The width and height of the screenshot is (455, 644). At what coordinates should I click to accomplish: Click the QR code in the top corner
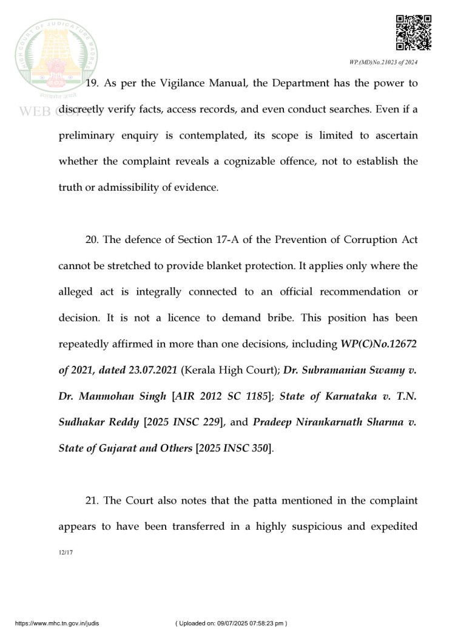[413, 33]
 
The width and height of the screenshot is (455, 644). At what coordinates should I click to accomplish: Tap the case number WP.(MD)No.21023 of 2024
[383, 63]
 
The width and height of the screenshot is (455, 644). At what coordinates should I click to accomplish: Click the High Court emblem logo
[56, 58]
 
